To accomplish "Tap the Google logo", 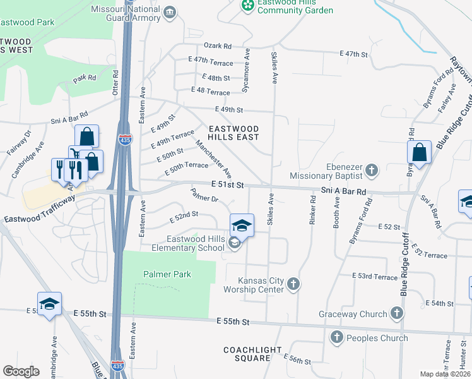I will pyautogui.click(x=21, y=371).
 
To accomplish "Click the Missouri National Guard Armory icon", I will pyautogui.click(x=170, y=13).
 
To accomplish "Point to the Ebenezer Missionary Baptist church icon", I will pyautogui.click(x=372, y=170).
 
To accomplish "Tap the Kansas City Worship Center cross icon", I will pyautogui.click(x=293, y=285).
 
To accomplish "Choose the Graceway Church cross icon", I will pyautogui.click(x=396, y=313).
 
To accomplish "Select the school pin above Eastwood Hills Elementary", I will pyautogui.click(x=242, y=225).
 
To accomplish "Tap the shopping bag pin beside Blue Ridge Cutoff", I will pyautogui.click(x=419, y=152).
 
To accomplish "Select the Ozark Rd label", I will pyautogui.click(x=218, y=46).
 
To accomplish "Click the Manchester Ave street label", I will pyautogui.click(x=213, y=159).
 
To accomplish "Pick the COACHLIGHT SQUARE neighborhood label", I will pyautogui.click(x=247, y=354).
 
